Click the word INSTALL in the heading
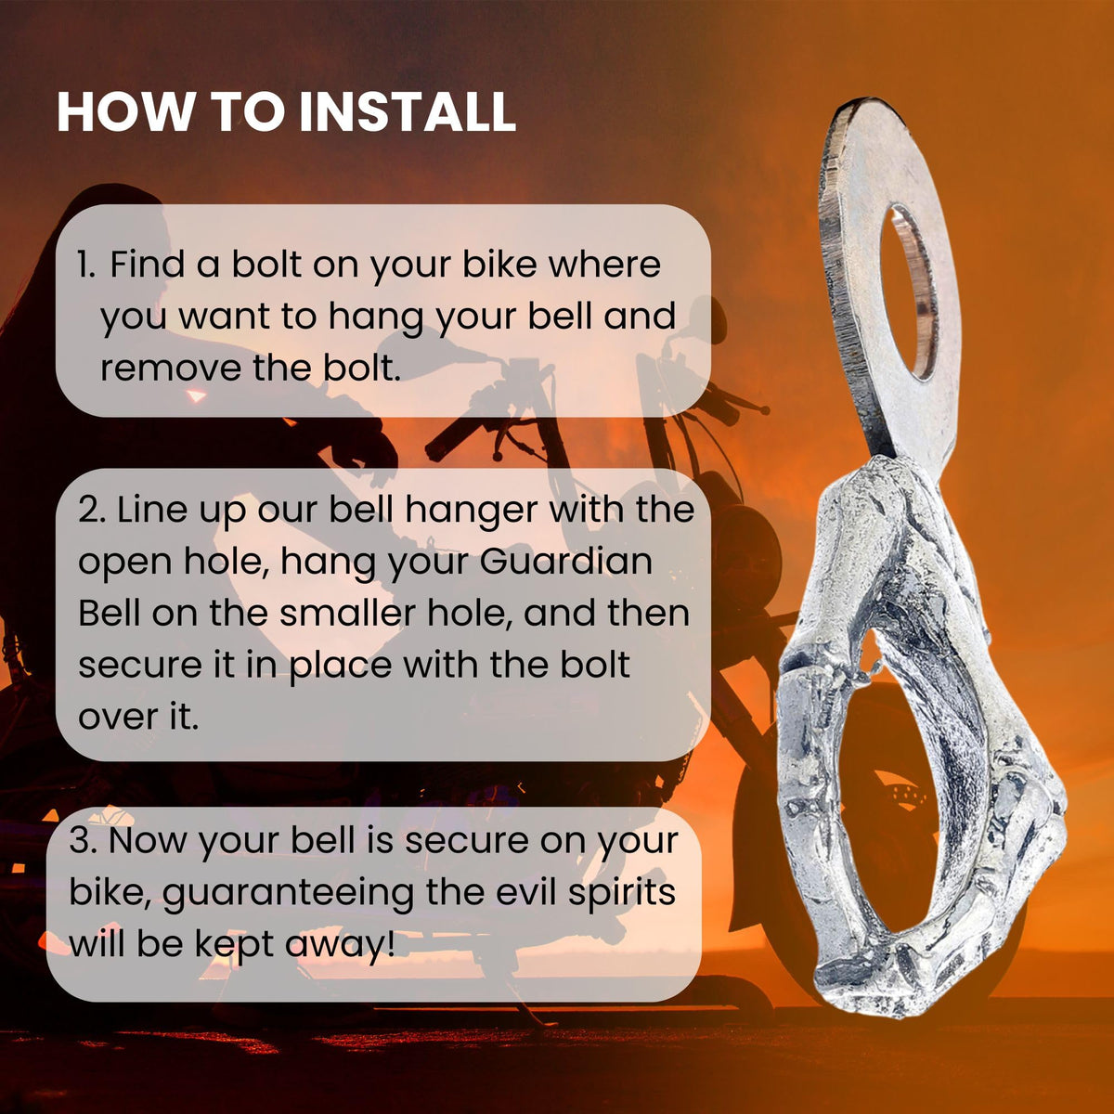click(408, 111)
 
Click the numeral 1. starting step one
click(86, 266)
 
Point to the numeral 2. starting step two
click(91, 511)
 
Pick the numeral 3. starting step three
click(83, 840)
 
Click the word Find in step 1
click(148, 265)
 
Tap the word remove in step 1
click(171, 369)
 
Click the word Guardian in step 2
click(566, 562)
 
